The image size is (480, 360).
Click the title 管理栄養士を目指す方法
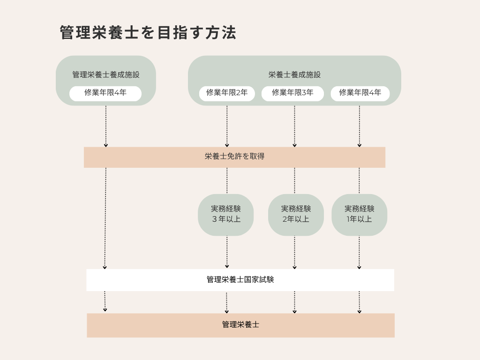pyautogui.click(x=148, y=33)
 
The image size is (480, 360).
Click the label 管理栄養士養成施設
pyautogui.click(x=106, y=75)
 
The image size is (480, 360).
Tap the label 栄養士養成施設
pyautogui.click(x=294, y=75)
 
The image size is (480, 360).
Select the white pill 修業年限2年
pyautogui.click(x=227, y=93)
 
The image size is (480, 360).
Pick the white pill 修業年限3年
pyautogui.click(x=292, y=93)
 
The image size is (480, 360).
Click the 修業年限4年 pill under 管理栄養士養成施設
pyautogui.click(x=105, y=93)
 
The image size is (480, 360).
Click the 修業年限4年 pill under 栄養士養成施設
pyautogui.click(x=360, y=93)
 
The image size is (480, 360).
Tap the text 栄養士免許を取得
pyautogui.click(x=234, y=157)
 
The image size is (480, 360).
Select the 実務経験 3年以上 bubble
pyautogui.click(x=225, y=214)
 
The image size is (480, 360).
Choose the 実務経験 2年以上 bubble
pyautogui.click(x=296, y=214)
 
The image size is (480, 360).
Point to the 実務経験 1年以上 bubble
pyautogui.click(x=359, y=214)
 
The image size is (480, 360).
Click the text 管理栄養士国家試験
pyautogui.click(x=240, y=280)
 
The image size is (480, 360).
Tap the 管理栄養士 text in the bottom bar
pyautogui.click(x=240, y=324)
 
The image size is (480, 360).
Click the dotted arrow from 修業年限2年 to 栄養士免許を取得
pyautogui.click(x=227, y=126)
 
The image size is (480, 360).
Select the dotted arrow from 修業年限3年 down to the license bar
pyautogui.click(x=294, y=126)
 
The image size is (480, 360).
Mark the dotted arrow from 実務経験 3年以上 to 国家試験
pyautogui.click(x=227, y=252)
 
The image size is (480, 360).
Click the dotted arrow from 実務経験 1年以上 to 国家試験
pyautogui.click(x=359, y=252)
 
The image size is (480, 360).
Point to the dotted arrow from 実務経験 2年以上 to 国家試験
pyautogui.click(x=294, y=252)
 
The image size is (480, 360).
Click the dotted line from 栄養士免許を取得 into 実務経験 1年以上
pyautogui.click(x=359, y=180)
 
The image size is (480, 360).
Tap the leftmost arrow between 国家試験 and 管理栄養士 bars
pyautogui.click(x=105, y=301)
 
